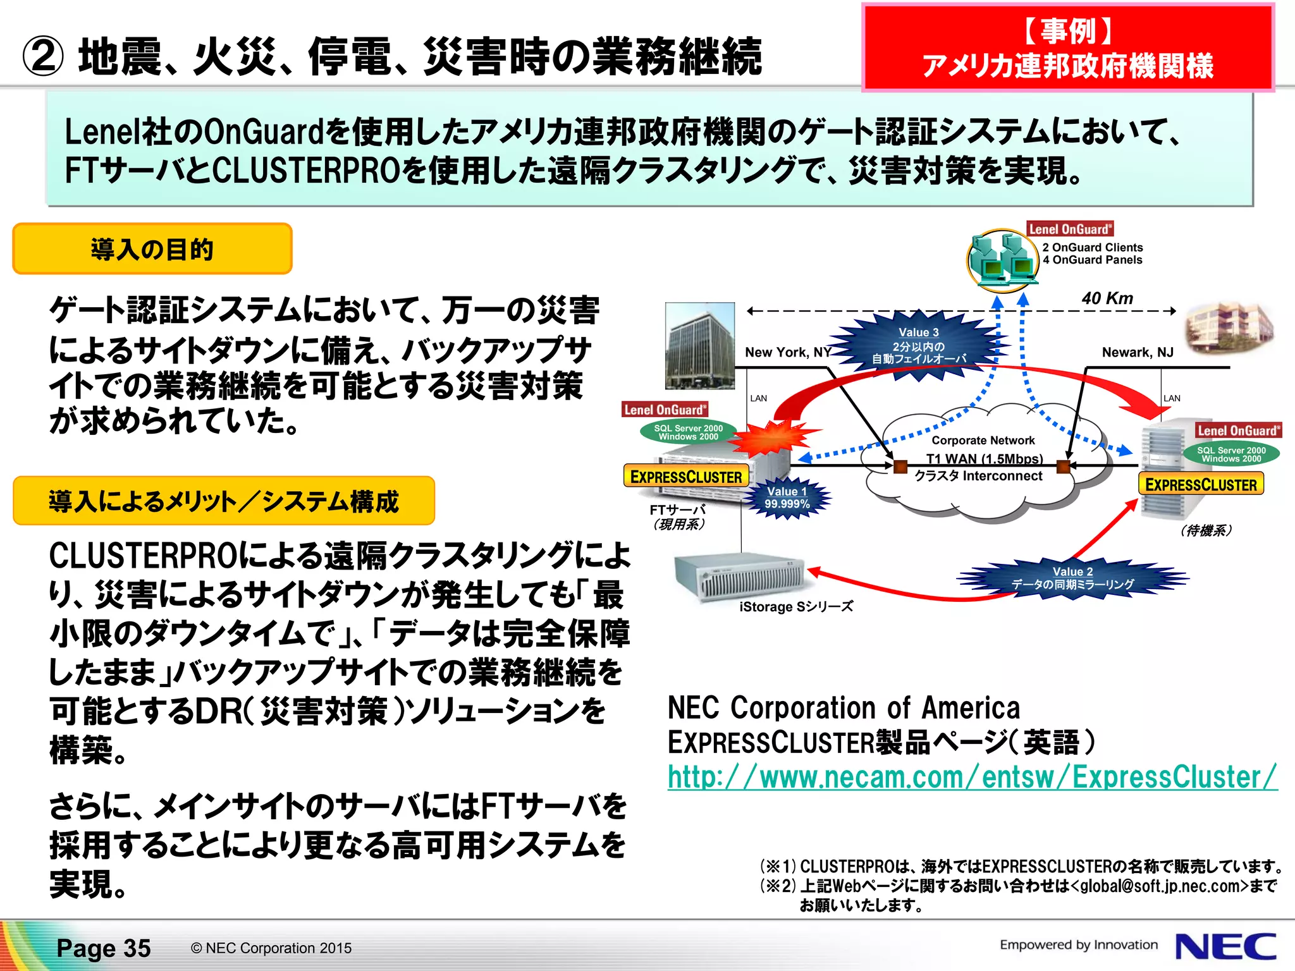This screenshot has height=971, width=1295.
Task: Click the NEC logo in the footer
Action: [1225, 946]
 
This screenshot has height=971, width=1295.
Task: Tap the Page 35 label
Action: [104, 948]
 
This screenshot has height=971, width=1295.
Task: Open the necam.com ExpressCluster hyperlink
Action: [972, 777]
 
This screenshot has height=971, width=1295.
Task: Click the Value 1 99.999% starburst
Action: [787, 498]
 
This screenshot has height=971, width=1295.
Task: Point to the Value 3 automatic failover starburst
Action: [919, 346]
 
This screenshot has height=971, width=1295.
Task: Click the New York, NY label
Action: [788, 352]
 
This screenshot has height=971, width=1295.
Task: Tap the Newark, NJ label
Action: [1137, 352]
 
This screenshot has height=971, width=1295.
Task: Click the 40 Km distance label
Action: [1107, 298]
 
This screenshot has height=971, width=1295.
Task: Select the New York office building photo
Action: [700, 345]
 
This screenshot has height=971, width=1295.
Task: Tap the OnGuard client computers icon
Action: [1003, 260]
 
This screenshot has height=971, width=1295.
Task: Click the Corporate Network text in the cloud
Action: [983, 440]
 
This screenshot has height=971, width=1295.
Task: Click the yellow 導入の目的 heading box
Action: [152, 249]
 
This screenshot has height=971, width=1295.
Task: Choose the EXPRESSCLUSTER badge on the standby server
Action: [1200, 485]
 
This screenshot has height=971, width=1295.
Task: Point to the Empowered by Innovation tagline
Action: [1078, 944]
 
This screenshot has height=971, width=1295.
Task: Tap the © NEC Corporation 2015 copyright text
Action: [271, 948]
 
